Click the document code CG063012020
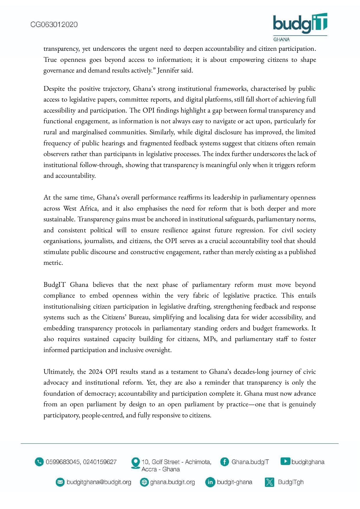54,25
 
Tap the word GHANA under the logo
281,39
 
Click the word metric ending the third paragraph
53,263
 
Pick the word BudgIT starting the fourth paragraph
54,285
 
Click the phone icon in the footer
39,462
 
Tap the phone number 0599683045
63,462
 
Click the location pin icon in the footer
135,463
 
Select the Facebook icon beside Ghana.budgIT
224,462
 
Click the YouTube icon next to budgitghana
285,461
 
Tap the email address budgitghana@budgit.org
99,482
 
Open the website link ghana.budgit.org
172,482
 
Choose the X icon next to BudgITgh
269,482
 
